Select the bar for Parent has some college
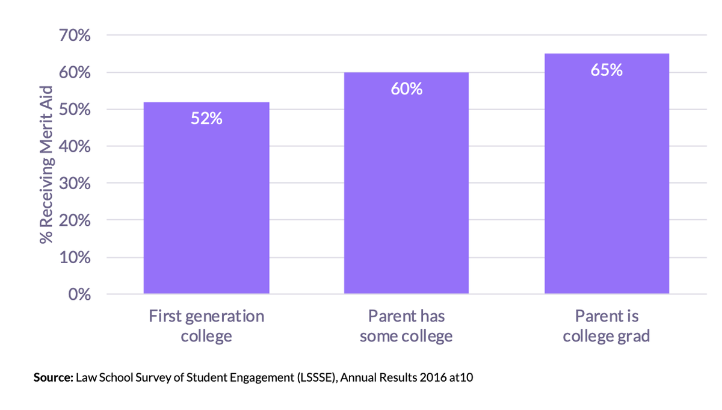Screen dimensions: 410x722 (x=406, y=183)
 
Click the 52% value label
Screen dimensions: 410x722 (x=206, y=119)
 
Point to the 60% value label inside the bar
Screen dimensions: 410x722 (x=406, y=89)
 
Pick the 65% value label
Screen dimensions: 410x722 (x=606, y=70)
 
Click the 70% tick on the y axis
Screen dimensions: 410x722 (x=75, y=36)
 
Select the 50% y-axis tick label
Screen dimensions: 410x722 (x=75, y=110)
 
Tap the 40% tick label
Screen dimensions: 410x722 (x=75, y=147)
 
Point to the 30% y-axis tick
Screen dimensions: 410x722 (x=75, y=184)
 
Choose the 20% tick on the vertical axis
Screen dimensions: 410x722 (x=75, y=221)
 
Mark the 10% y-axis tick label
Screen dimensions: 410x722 (x=75, y=258)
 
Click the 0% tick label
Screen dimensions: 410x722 (x=78, y=294)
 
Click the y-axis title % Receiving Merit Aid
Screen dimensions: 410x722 (x=46, y=164)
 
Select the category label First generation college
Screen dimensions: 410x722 (x=206, y=326)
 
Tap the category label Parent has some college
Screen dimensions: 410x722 (x=406, y=326)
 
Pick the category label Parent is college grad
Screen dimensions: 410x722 (x=606, y=326)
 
